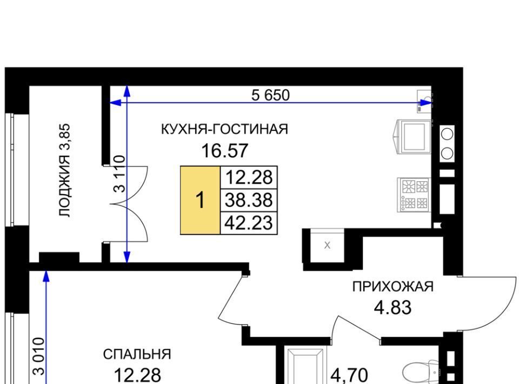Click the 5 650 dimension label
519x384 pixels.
pos(270,95)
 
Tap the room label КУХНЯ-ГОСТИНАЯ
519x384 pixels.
pos(224,129)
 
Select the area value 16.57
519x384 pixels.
pos(225,150)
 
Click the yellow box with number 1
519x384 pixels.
pos(200,200)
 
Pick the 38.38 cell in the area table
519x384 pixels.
pos(249,200)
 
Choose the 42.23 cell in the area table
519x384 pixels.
pos(249,223)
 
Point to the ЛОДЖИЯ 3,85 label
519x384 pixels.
pos(64,170)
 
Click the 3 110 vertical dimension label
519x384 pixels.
pos(119,174)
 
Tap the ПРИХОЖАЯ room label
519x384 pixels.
pos(393,286)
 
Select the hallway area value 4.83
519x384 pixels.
pos(392,308)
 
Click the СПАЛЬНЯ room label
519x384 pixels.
pos(137,355)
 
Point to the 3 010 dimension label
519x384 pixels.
pos(38,356)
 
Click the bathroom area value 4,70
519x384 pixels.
pos(349,376)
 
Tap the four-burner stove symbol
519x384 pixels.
pos(414,195)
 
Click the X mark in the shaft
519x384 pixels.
pos(328,246)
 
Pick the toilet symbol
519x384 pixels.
pos(421,372)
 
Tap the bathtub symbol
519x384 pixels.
pos(305,366)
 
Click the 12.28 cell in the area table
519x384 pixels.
pos(249,177)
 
